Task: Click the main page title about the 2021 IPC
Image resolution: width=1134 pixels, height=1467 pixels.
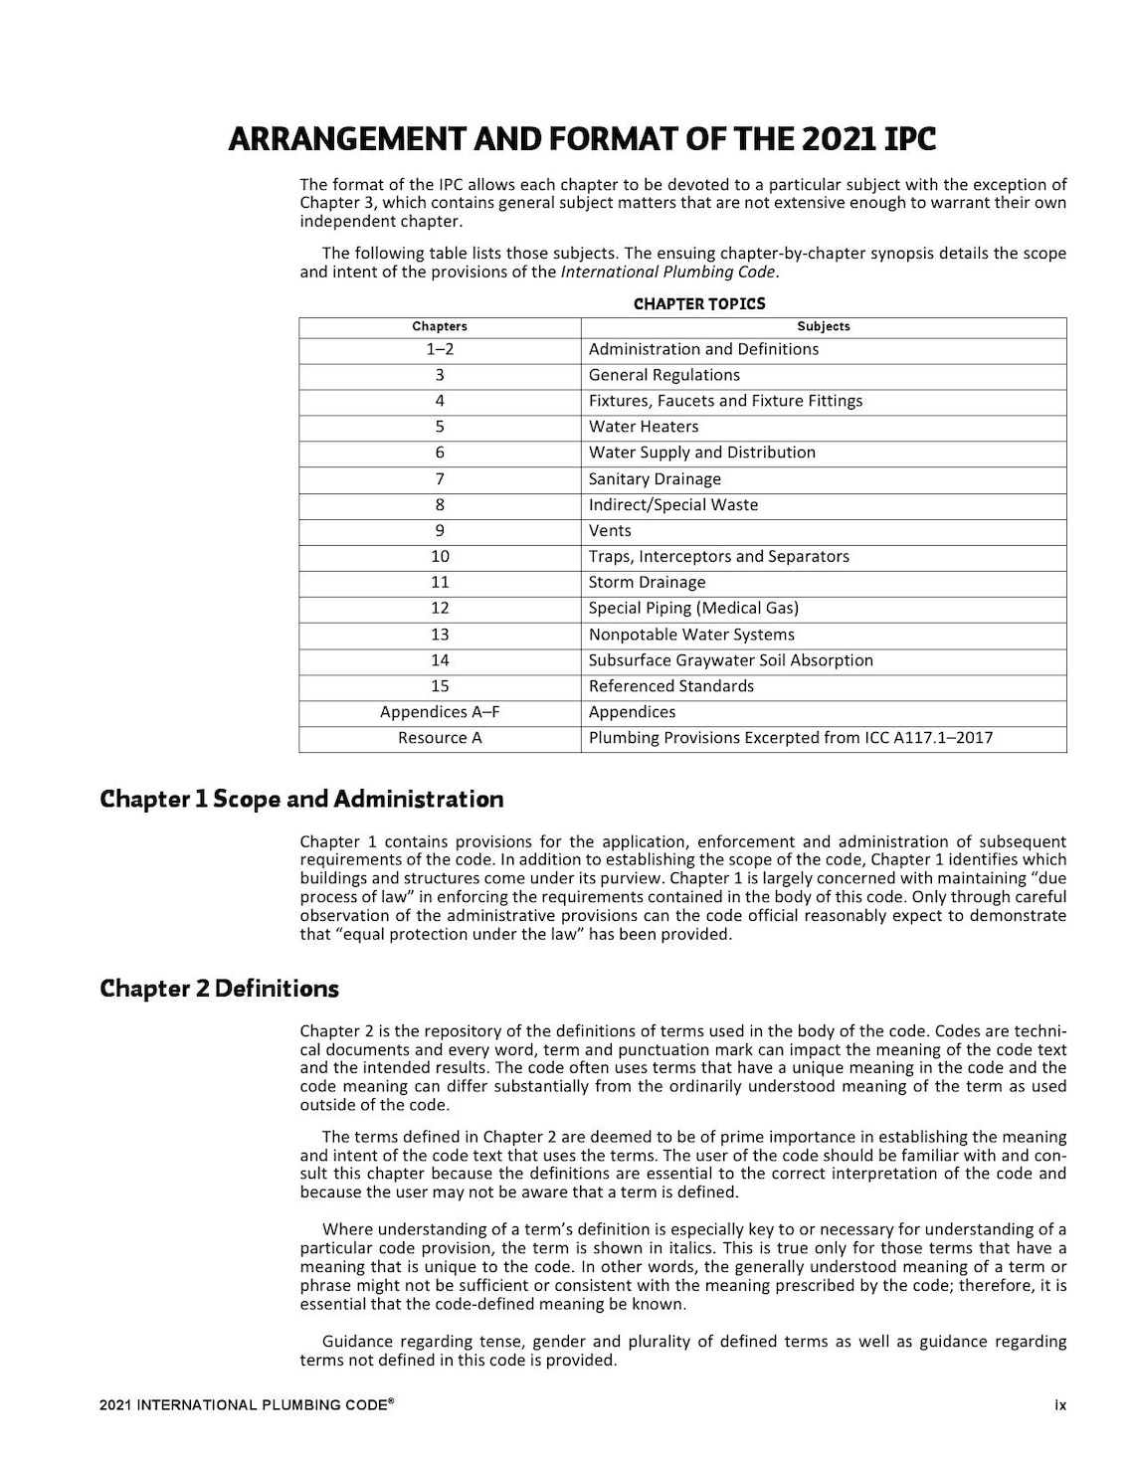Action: tap(582, 139)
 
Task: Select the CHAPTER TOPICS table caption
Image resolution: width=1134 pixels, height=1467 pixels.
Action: tap(699, 303)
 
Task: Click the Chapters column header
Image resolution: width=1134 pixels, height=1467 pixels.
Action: tap(440, 326)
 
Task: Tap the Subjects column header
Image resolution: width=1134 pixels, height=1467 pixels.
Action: tap(823, 326)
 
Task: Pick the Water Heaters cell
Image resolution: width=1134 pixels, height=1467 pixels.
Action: tap(644, 427)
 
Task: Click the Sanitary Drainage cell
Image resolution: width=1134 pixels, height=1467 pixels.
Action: tap(655, 478)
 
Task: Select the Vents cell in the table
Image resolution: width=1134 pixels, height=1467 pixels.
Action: tap(610, 530)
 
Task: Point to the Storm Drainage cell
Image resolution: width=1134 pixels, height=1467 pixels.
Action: tap(647, 582)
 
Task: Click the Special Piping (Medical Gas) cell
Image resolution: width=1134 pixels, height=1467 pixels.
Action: tap(693, 608)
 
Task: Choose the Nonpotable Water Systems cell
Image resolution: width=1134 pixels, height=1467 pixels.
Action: tap(691, 635)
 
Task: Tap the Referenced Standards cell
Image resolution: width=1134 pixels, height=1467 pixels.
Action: tap(671, 686)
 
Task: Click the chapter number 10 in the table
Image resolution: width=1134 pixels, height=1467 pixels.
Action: tap(440, 556)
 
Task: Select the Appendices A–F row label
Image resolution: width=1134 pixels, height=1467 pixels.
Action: tap(440, 712)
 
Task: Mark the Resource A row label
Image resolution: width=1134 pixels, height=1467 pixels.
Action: tap(440, 738)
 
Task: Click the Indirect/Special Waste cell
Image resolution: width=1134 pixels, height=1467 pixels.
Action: tap(673, 504)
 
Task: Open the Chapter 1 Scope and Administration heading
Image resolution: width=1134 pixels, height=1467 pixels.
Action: tap(301, 799)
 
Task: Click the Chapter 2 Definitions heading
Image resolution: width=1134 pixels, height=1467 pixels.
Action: tap(219, 989)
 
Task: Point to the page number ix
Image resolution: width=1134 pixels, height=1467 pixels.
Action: tap(1060, 1405)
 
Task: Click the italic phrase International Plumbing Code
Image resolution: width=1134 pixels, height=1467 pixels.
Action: tap(668, 272)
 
